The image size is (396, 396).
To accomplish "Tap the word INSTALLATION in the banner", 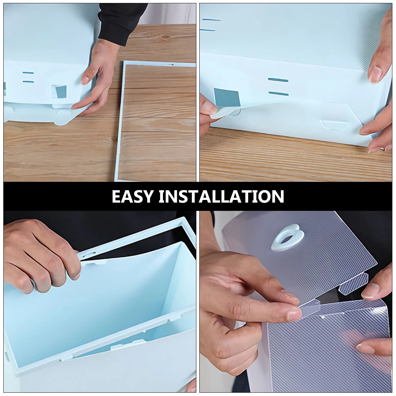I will (221, 196).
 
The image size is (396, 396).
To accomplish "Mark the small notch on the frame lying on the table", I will (170, 65).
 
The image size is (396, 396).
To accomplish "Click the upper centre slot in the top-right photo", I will (278, 80).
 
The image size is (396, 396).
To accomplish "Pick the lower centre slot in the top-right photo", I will (278, 93).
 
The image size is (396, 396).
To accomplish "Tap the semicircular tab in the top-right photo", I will (332, 125).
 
